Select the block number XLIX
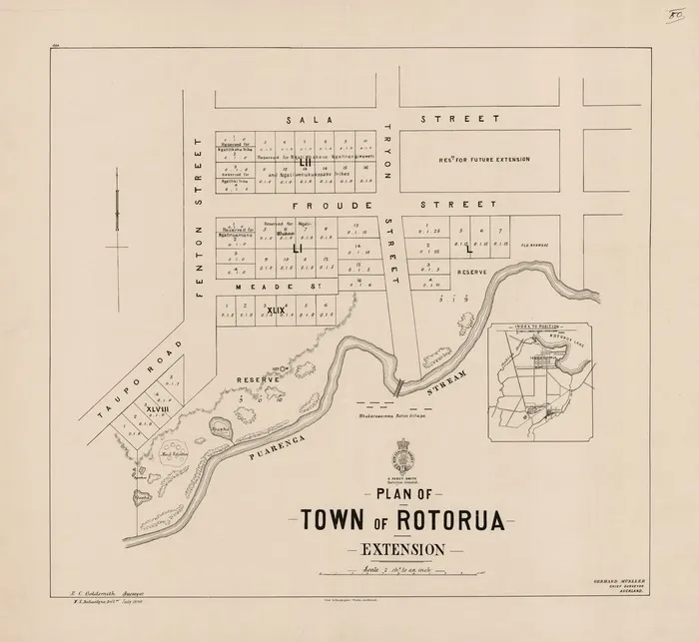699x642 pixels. (277, 311)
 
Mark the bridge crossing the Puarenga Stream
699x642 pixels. (399, 384)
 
